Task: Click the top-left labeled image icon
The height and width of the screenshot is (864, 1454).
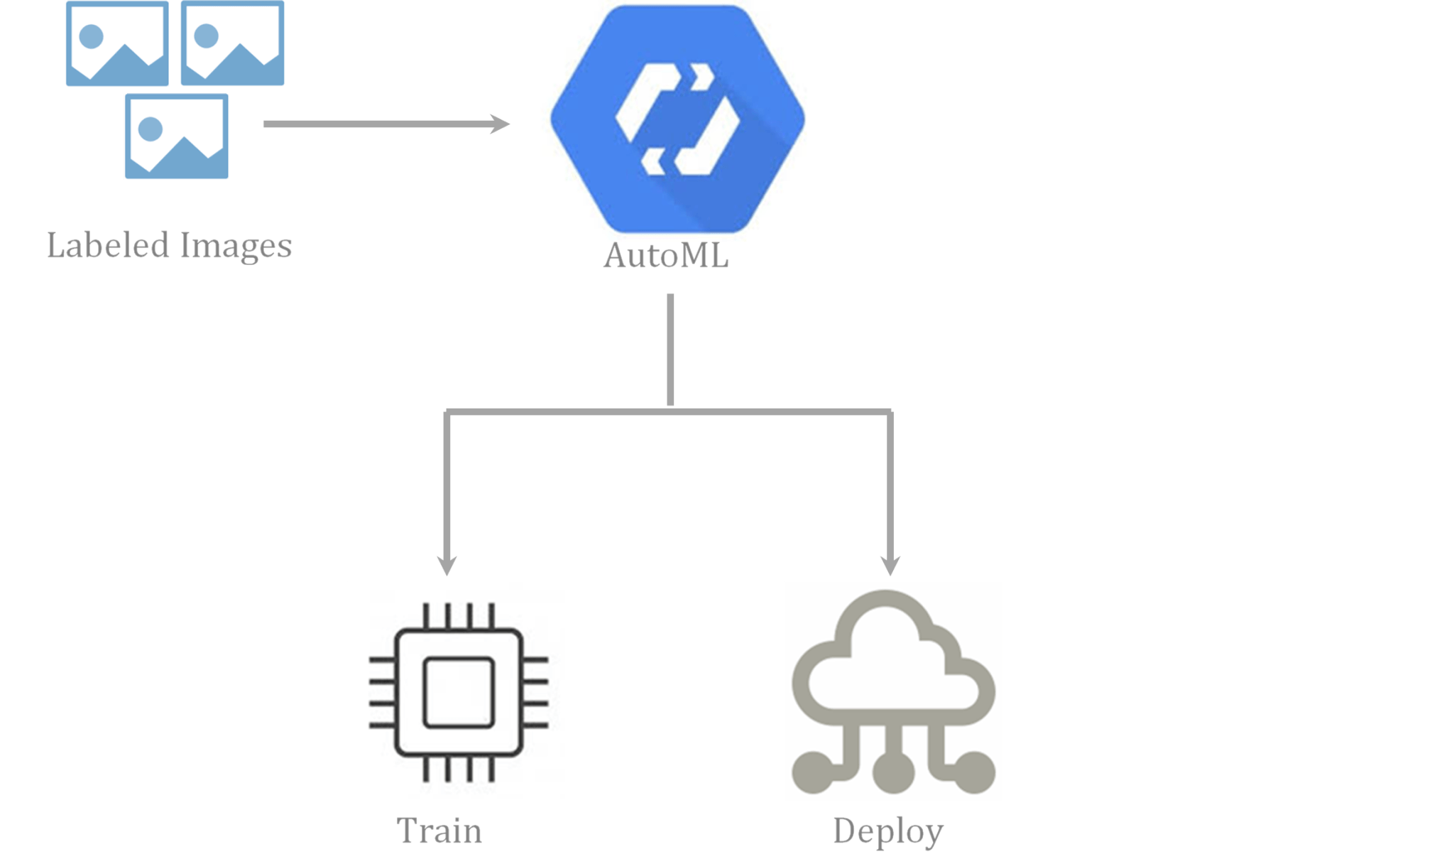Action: click(117, 44)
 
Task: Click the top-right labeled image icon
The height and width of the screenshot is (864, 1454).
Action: click(232, 44)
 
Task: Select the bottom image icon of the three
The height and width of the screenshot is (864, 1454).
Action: click(176, 136)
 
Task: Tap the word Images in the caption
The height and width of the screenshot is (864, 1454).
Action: click(236, 246)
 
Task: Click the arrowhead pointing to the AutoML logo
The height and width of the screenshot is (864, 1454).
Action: click(501, 124)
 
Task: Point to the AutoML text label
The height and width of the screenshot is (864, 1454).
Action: click(666, 256)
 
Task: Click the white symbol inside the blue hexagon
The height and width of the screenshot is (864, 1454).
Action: click(678, 119)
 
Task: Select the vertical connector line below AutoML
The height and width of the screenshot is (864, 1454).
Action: click(670, 348)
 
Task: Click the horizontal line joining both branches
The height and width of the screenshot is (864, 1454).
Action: click(667, 411)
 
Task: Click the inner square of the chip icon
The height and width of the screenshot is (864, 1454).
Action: click(459, 692)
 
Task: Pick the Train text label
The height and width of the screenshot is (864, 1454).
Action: click(439, 831)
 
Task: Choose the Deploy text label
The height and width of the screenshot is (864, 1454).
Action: click(888, 831)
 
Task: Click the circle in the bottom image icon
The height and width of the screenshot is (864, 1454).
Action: click(151, 129)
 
